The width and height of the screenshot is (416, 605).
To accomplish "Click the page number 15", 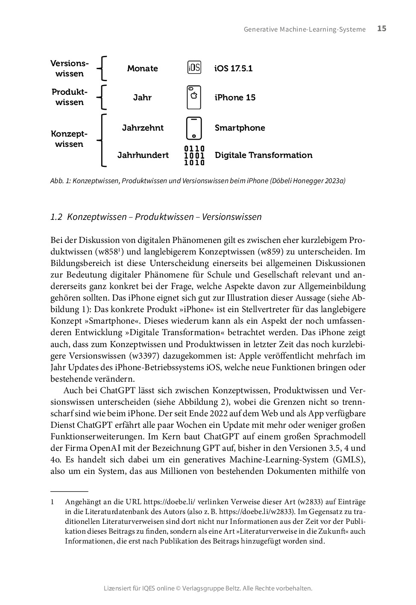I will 381,29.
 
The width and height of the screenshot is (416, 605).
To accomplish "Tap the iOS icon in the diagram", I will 194,67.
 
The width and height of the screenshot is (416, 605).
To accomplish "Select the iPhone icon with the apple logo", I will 194,97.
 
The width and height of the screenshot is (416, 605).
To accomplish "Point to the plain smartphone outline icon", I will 194,128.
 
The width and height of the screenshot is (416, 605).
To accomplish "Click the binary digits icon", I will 194,155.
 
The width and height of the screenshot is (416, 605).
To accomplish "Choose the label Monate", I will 142,68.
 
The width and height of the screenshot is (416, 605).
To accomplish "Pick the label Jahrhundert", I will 143,155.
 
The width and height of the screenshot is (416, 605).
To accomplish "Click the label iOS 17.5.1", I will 233,68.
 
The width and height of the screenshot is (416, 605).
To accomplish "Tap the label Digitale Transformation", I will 264,155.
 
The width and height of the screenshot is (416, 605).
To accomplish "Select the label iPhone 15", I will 235,97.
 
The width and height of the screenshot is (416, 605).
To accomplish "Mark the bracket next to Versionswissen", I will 102,68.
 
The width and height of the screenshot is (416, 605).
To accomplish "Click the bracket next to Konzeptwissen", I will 102,140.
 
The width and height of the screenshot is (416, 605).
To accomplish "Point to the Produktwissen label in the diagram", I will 69,97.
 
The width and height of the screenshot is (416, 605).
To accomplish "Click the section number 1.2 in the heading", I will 56,217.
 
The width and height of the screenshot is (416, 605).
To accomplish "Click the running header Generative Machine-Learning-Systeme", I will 305,29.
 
